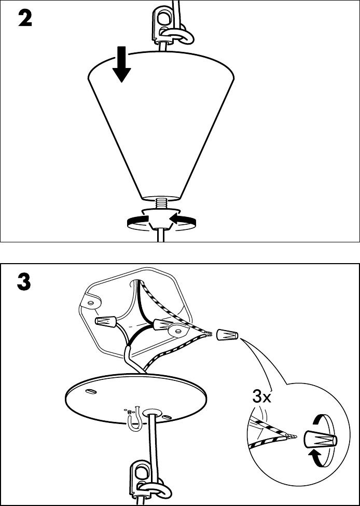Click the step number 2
click(24, 19)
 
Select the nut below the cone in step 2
click(161, 218)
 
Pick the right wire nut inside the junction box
click(164, 326)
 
